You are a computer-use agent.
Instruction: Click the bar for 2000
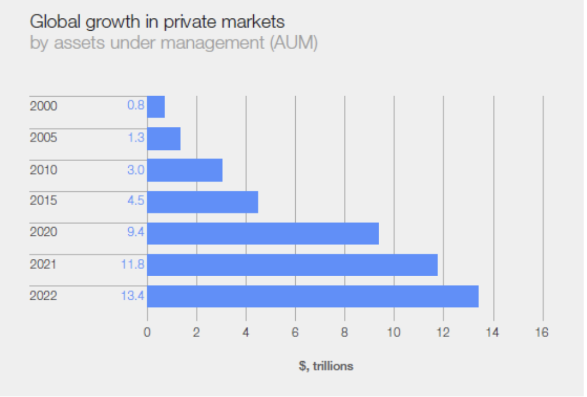coord(156,107)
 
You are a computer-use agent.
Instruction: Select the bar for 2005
coord(164,139)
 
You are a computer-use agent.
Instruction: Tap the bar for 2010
coord(185,170)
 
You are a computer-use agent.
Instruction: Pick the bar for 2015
coord(203,202)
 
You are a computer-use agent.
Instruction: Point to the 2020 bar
coord(263,233)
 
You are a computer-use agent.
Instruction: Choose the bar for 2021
coord(292,265)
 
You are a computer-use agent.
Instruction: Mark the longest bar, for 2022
coord(313,296)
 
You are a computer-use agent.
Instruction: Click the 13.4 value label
coord(133,296)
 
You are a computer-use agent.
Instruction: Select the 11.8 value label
coord(133,264)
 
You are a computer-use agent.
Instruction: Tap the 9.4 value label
coord(136,233)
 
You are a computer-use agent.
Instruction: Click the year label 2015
coord(43,201)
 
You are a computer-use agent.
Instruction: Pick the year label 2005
coord(43,138)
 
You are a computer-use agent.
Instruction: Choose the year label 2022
coord(43,296)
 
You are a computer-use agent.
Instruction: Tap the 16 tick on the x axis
coord(542,333)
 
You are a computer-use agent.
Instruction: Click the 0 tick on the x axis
coord(147,333)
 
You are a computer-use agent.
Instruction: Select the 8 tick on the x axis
coord(344,333)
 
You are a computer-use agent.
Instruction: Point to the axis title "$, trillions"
coord(326,366)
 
